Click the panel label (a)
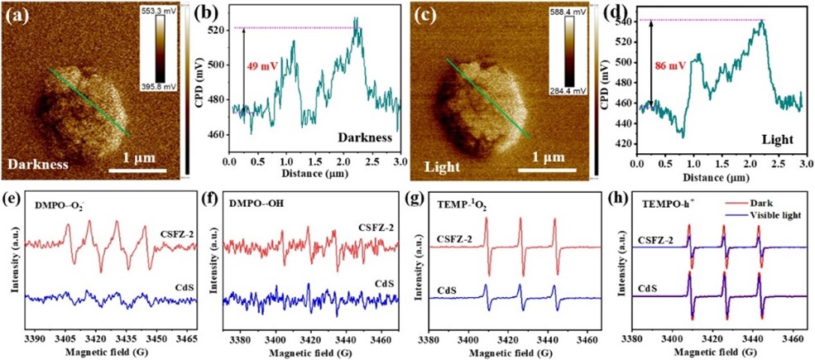click(17, 15)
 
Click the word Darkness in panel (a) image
click(38, 164)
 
